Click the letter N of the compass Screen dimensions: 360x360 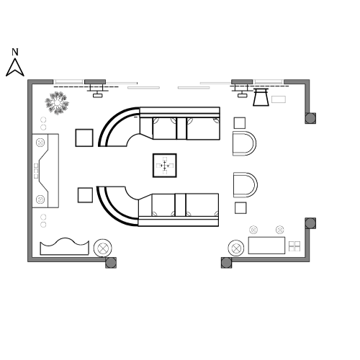tap(15, 52)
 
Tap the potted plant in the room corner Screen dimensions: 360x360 tap(57, 103)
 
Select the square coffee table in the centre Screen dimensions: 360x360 tap(165, 166)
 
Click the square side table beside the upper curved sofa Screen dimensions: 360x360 tap(84, 138)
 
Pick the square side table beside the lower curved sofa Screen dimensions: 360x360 tap(85, 195)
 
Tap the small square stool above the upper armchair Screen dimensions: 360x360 tap(240, 123)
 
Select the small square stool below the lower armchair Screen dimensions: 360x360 tap(240, 208)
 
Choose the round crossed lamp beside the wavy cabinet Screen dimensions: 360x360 tap(103, 248)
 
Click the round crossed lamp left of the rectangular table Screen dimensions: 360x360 tap(236, 248)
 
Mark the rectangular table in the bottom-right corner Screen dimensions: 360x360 tap(266, 246)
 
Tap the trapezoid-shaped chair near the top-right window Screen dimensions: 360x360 tap(261, 97)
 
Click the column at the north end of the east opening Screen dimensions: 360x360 tap(310, 118)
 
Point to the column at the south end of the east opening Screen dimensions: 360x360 tap(310, 223)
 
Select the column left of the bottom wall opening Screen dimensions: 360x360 tap(111, 263)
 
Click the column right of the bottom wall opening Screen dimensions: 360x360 tap(226, 263)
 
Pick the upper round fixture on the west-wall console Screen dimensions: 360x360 tap(40, 143)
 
